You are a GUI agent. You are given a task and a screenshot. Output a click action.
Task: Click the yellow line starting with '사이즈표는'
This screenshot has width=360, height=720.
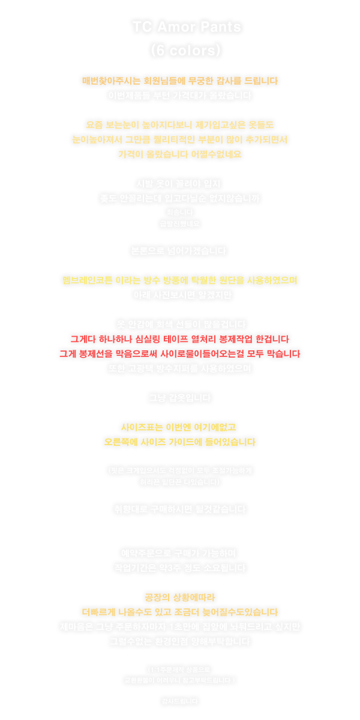pos(180,427)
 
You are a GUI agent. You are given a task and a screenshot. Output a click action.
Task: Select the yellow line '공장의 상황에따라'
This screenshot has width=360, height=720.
pos(180,597)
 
